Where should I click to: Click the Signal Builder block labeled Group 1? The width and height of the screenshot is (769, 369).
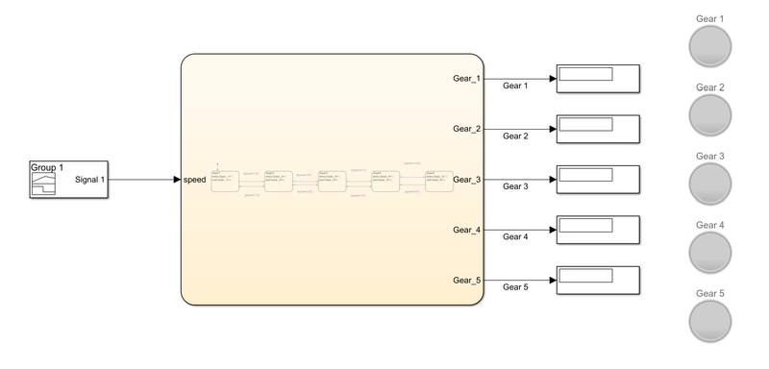coord(67,180)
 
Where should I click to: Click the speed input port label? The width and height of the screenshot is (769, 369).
coord(195,180)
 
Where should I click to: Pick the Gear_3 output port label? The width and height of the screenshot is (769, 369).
coord(466,180)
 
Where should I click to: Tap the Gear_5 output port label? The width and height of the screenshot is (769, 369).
coord(466,281)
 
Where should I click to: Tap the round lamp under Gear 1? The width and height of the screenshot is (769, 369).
coord(710,46)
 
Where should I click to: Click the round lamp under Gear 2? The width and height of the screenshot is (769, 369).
coord(710,114)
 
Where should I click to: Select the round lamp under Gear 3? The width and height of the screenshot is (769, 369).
coord(710,183)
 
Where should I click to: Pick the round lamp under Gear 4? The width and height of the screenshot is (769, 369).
coord(710,252)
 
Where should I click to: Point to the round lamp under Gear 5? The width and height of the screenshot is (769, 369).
coord(710,320)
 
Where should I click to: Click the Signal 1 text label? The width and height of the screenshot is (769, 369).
coord(89,180)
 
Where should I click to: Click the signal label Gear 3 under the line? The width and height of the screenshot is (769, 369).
coord(517,186)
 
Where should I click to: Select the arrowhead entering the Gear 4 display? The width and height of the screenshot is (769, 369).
coord(551,230)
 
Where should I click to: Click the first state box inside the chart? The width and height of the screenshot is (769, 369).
coord(224,180)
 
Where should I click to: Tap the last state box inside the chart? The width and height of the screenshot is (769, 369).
coord(438,180)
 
